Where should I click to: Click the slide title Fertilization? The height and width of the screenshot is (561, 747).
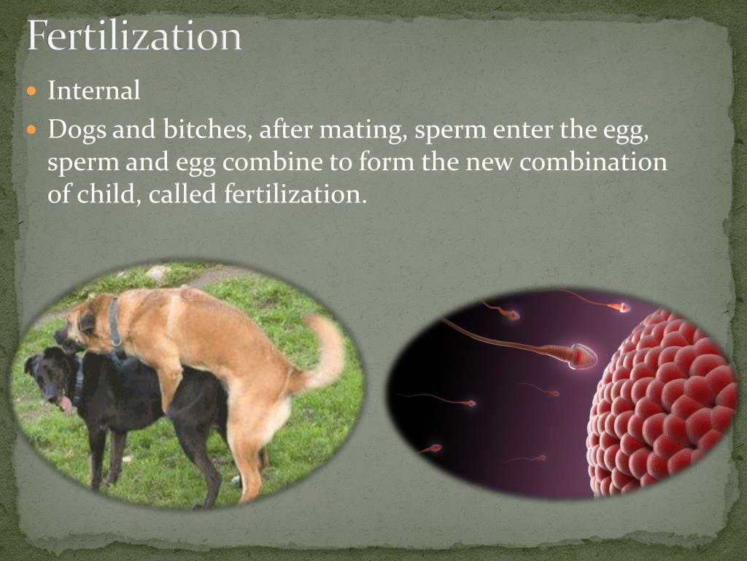pos(134,36)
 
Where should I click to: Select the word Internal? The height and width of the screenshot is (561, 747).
pos(93,91)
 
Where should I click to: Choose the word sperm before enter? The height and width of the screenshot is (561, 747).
pos(452,131)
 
